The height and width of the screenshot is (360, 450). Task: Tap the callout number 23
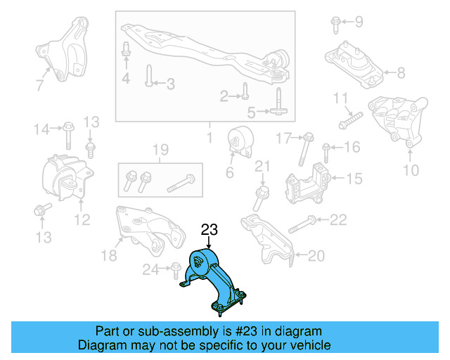point(210,229)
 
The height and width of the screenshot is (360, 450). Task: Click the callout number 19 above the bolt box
point(160,149)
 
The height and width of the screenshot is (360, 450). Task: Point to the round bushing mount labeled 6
point(240,142)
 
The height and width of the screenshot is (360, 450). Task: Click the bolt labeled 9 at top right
point(336,25)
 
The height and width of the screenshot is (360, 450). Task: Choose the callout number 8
point(401,72)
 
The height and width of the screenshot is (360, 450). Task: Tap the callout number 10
point(411,170)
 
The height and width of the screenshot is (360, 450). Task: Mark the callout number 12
point(82,221)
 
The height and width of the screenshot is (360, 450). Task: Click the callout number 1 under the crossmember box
point(209,134)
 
